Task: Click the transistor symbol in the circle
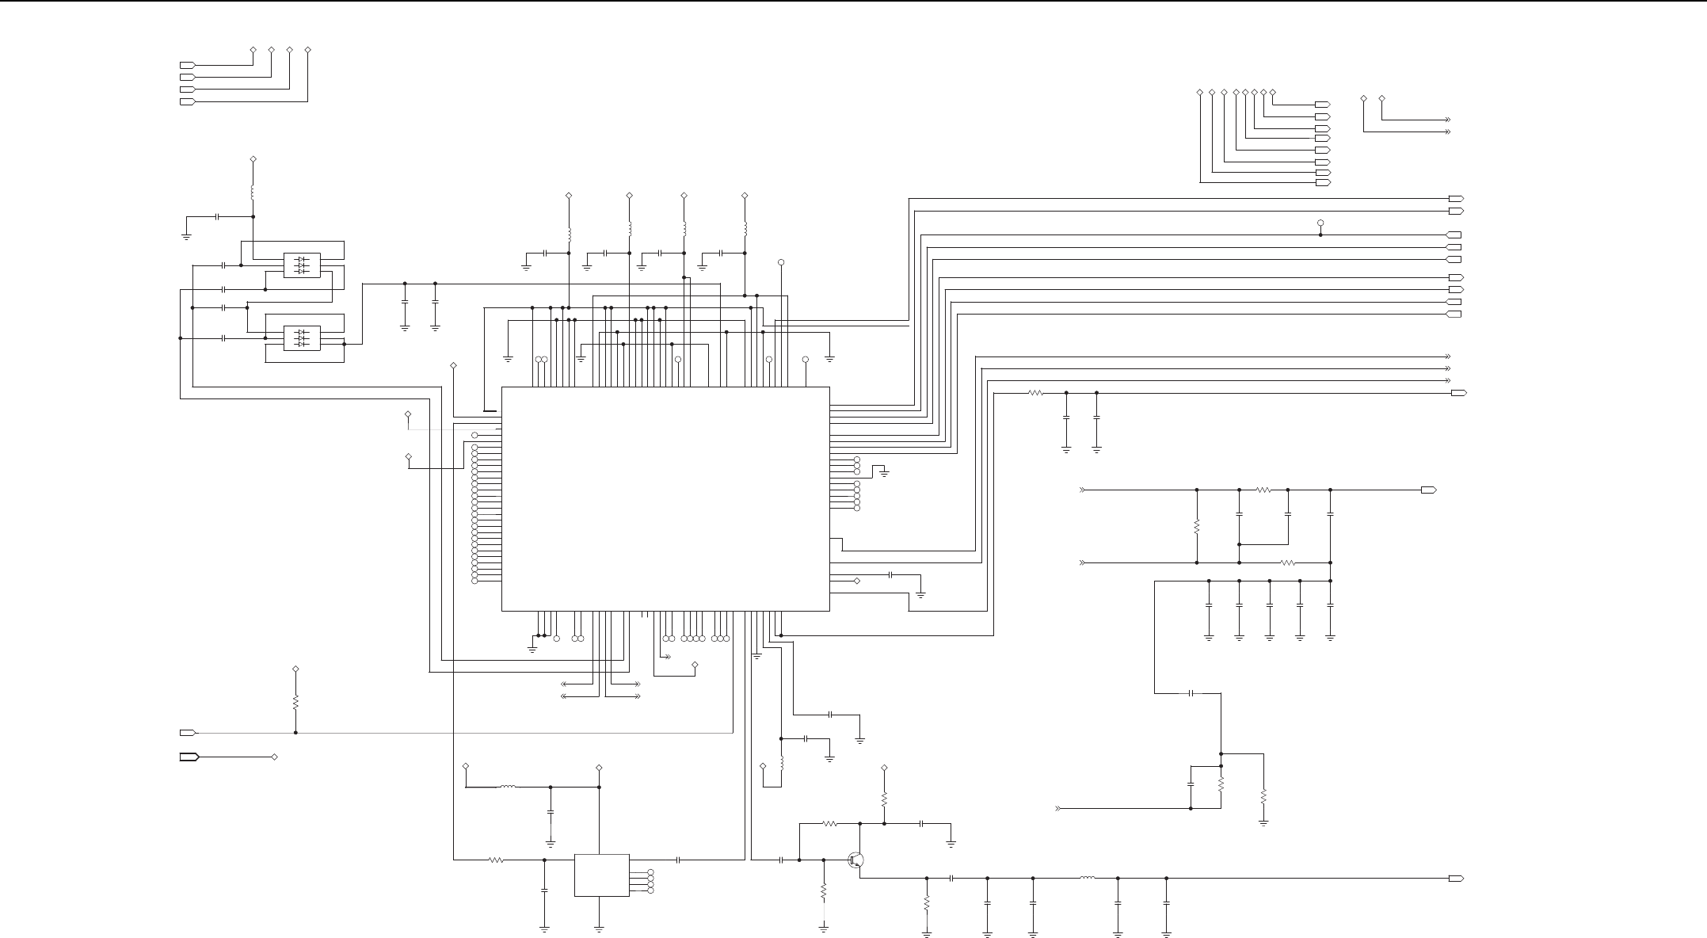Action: point(855,860)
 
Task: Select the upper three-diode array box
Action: point(302,265)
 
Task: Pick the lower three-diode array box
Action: point(302,338)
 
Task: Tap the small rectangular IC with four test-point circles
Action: point(601,875)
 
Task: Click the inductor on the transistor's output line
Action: point(1088,878)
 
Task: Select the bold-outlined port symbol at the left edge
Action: point(189,757)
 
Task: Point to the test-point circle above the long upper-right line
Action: point(1320,223)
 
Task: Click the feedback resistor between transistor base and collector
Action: point(829,824)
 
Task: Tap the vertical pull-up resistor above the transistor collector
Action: point(884,799)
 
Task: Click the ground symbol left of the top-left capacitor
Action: point(186,234)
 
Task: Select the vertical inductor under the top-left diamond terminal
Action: point(253,193)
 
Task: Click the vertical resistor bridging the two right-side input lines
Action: point(1197,526)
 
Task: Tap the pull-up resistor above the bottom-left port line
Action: point(295,702)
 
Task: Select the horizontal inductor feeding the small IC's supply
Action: point(508,787)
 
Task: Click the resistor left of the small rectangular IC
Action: point(496,860)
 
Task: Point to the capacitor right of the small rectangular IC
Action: point(679,860)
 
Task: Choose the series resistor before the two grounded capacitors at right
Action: point(1035,393)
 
